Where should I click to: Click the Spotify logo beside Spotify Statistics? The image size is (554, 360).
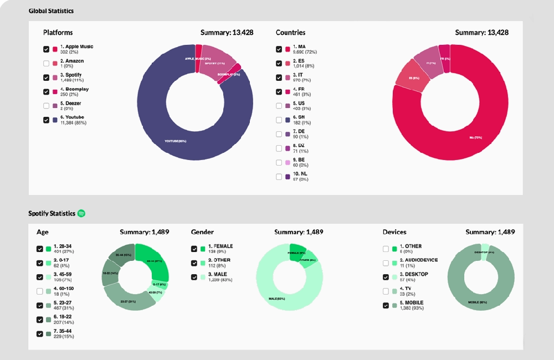click(x=81, y=213)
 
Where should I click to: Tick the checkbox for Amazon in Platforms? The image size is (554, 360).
click(x=46, y=63)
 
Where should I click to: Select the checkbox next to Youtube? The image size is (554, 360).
click(x=46, y=120)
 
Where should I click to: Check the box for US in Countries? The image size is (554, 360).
click(x=279, y=106)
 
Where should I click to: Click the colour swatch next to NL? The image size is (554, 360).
click(x=288, y=177)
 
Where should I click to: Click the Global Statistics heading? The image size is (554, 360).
click(x=51, y=11)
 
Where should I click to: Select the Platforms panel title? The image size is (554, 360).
click(x=58, y=33)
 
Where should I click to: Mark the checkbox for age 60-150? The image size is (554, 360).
click(x=39, y=291)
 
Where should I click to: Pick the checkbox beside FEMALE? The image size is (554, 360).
click(x=194, y=249)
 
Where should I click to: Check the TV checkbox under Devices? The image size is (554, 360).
click(x=386, y=291)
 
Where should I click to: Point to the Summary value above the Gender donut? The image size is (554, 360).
click(x=299, y=232)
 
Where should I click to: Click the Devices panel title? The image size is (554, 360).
click(x=394, y=232)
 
